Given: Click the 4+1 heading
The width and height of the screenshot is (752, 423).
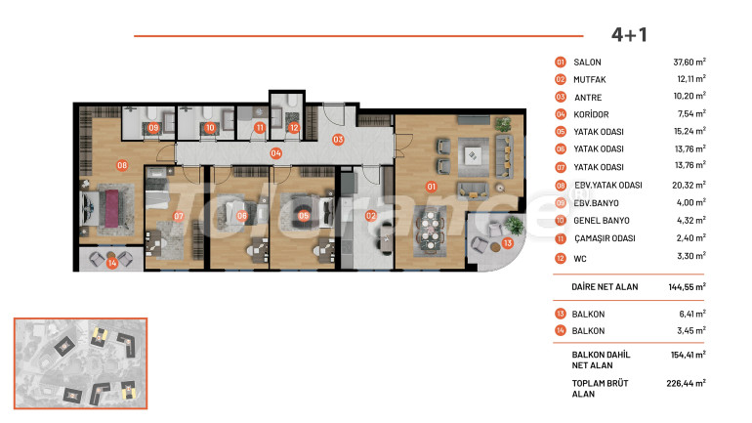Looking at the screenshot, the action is point(629,35).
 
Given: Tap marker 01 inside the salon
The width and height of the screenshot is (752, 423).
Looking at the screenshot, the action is point(431,187).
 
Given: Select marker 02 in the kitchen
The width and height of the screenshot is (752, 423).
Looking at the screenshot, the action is point(371,215).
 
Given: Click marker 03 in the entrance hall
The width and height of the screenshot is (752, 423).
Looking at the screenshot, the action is point(338,140).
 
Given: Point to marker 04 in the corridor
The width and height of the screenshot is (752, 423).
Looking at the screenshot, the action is point(275,153).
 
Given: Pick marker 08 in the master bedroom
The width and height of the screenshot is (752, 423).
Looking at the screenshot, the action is point(122,165).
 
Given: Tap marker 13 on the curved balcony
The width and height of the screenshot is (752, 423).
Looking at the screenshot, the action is point(508,243).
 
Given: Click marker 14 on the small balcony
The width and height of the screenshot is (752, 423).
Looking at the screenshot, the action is point(111,263).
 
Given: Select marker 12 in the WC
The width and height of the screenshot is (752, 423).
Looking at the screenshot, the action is point(294,128).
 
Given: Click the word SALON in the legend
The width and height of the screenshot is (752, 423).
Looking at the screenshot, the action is point(587,63).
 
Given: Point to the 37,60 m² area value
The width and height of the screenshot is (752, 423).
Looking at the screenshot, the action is point(689,62).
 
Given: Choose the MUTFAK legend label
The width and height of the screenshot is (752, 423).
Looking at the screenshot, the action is point(590,79).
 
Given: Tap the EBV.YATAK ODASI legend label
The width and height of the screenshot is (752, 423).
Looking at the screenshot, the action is point(608,185).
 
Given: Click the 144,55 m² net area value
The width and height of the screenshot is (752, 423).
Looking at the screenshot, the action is point(687,287).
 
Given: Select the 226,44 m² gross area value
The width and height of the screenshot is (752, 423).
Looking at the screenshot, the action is point(686,383).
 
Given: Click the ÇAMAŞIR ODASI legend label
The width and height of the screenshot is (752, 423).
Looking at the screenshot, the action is point(605,238).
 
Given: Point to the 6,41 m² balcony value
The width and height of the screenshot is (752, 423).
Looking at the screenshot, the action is point(692,314).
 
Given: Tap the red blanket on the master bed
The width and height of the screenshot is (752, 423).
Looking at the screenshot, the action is point(111,209).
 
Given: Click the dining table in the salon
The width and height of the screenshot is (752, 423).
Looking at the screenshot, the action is point(430,230).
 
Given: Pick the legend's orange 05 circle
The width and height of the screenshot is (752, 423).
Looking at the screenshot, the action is point(561,132).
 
